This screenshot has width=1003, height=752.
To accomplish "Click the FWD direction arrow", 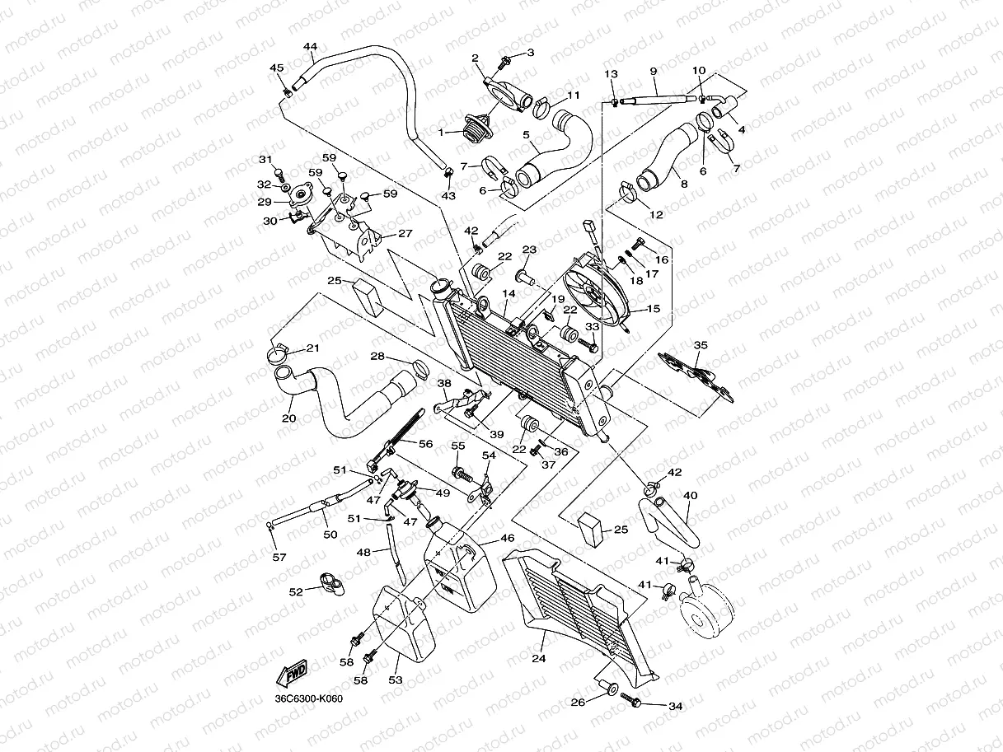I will (293, 675).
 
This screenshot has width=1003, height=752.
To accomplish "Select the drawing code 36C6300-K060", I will (310, 699).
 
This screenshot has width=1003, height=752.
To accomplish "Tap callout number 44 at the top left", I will (310, 47).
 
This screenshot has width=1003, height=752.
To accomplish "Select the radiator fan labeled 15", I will (598, 289).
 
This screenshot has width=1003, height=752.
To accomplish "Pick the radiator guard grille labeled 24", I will (577, 610).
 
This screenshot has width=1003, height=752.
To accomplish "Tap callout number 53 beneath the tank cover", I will (396, 680).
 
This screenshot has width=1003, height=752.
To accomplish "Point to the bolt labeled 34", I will (633, 701).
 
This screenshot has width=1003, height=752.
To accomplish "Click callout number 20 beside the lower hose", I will (288, 418).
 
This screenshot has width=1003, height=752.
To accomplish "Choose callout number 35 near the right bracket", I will (701, 346).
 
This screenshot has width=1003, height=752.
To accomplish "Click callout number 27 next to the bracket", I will (405, 234).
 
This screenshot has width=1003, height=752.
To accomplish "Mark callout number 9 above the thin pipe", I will (653, 72).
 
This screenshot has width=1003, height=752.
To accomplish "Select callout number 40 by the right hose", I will (691, 496).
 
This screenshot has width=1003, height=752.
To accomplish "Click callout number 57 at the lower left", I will (279, 558).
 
